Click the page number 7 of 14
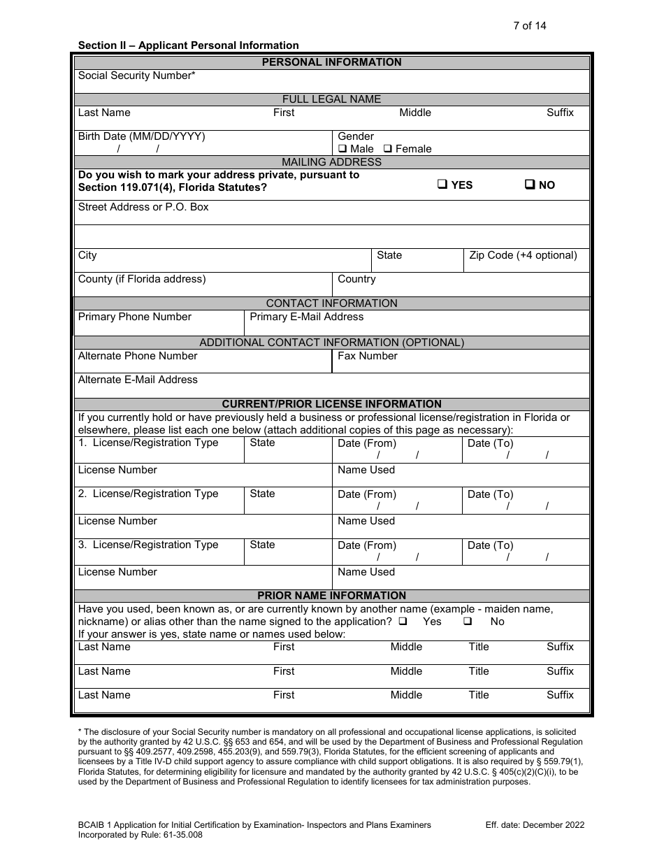[529, 26]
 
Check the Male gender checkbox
[342, 149]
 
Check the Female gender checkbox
[389, 149]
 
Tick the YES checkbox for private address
[442, 185]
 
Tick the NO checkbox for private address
[530, 185]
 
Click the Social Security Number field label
[136, 76]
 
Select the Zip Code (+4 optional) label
[523, 255]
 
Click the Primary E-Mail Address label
[306, 317]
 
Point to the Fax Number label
[367, 356]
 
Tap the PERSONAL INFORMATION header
[331, 62]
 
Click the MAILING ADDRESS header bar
[331, 162]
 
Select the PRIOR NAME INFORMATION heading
[331, 596]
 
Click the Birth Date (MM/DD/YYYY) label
[141, 136]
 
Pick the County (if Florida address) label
[142, 279]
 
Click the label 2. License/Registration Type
[148, 494]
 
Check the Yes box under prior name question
[403, 622]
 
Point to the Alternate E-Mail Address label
[138, 380]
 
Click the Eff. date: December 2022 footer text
[535, 825]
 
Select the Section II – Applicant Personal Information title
[188, 45]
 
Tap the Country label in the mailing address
[356, 279]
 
